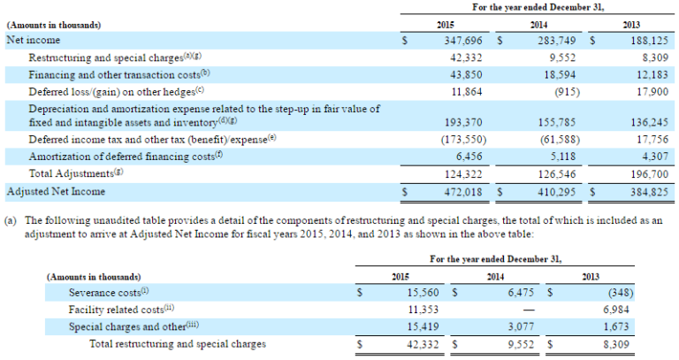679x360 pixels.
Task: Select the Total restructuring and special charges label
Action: tap(177, 344)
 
